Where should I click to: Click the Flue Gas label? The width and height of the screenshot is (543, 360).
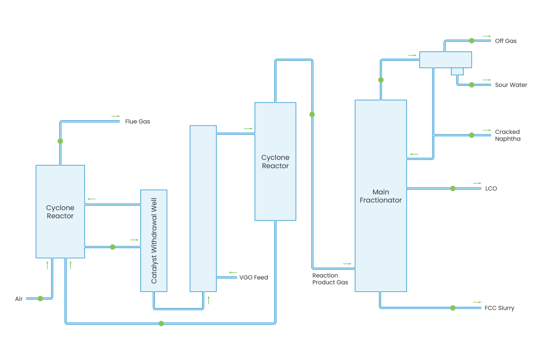click(138, 122)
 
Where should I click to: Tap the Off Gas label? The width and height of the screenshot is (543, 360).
click(506, 41)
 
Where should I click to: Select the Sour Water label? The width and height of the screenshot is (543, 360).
click(511, 85)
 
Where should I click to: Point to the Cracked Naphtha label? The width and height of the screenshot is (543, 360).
click(507, 135)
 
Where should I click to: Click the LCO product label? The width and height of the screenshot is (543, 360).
click(491, 189)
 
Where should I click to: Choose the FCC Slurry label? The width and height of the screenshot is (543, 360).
click(499, 308)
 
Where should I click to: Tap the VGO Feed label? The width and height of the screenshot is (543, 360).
click(253, 278)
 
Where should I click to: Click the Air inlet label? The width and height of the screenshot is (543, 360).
click(19, 299)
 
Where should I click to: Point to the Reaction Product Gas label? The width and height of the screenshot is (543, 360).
click(330, 279)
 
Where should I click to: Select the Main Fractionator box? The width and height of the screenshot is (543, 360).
click(381, 196)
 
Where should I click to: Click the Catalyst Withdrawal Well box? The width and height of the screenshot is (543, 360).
click(154, 241)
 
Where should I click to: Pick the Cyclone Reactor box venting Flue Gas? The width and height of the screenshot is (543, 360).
click(60, 211)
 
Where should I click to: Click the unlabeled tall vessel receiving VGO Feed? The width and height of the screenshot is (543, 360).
click(203, 208)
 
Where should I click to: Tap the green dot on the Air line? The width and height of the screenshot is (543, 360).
click(40, 299)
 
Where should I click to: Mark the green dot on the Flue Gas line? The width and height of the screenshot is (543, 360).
click(60, 141)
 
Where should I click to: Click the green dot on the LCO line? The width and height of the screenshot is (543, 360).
click(453, 189)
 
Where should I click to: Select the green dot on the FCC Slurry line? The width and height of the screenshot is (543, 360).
click(453, 308)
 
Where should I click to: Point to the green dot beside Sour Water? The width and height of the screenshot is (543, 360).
click(472, 85)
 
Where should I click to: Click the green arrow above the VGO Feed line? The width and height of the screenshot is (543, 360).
click(233, 272)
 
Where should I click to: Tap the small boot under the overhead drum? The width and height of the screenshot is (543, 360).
click(457, 71)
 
